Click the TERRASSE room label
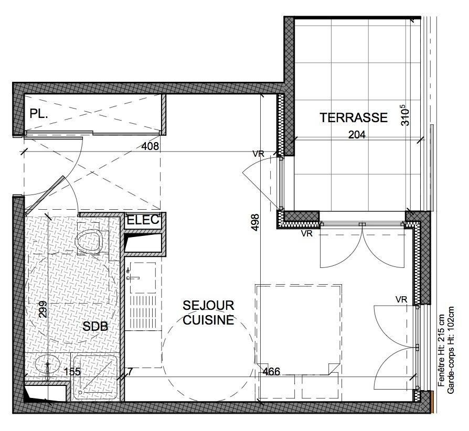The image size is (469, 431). pyautogui.click(x=354, y=117)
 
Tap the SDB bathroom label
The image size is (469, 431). pyautogui.click(x=95, y=326)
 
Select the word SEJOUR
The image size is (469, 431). pyautogui.click(x=208, y=306)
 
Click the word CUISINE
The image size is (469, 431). pyautogui.click(x=208, y=320)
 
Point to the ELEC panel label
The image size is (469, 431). pyautogui.click(x=143, y=220)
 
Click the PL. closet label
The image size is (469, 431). pyautogui.click(x=39, y=114)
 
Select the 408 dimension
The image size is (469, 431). pyautogui.click(x=150, y=146)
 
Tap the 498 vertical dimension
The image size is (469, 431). pyautogui.click(x=255, y=222)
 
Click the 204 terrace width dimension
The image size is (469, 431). pyautogui.click(x=357, y=135)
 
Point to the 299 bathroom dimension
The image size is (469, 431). pyautogui.click(x=43, y=309)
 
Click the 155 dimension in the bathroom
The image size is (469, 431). pyautogui.click(x=72, y=372)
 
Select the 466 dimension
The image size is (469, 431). pyautogui.click(x=271, y=372)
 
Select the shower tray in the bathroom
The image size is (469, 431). pyautogui.click(x=95, y=378)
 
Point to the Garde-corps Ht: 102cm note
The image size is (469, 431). pyautogui.click(x=451, y=350)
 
